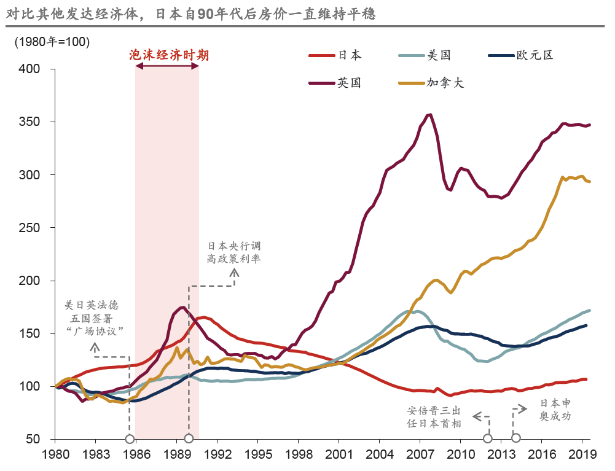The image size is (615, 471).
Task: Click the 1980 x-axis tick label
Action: (x=55, y=455)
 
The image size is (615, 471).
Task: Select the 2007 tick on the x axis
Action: (x=420, y=455)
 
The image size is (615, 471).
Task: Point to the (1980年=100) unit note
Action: (x=52, y=42)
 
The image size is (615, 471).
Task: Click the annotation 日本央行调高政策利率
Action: (x=233, y=252)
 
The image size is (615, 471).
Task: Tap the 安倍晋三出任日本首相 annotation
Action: (x=434, y=416)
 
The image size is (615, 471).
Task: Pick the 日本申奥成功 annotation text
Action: (x=556, y=410)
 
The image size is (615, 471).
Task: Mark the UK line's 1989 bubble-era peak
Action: (x=182, y=307)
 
